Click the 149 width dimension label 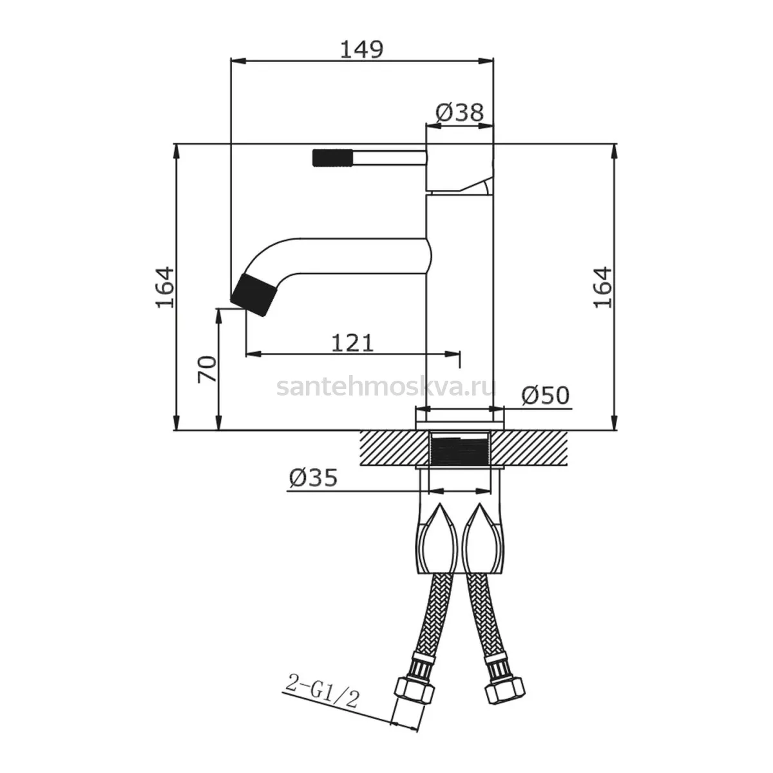point(361,50)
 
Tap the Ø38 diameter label point(460,113)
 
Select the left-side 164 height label point(165,287)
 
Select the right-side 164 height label point(602,287)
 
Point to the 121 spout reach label point(352,343)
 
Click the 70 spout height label point(207,370)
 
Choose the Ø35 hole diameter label point(313,478)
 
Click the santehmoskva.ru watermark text point(386,387)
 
